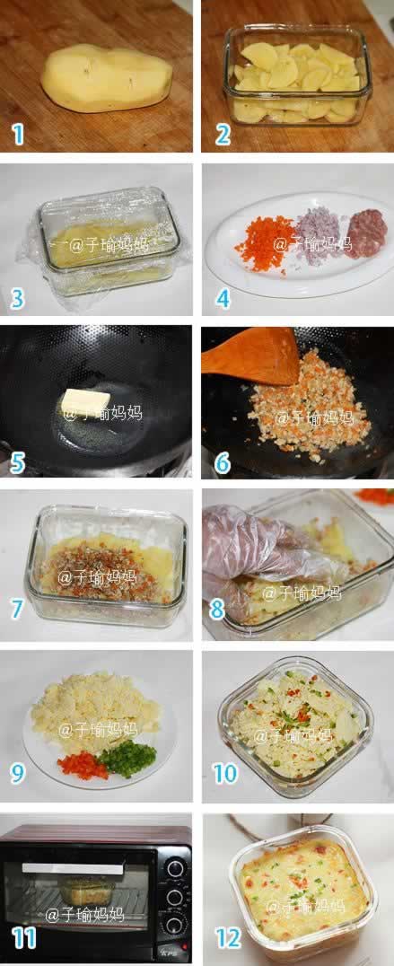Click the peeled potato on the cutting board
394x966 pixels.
tap(106, 79)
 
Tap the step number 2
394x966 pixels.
tap(223, 135)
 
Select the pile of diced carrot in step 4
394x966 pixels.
tap(265, 241)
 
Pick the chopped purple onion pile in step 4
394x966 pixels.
tap(318, 234)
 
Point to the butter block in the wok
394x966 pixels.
tap(85, 401)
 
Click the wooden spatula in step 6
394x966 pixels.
tap(252, 356)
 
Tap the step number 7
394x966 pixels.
tap(17, 609)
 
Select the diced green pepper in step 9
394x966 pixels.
tap(127, 758)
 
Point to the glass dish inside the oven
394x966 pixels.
tap(87, 891)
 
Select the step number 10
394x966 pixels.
tap(226, 773)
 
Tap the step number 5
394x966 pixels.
tap(17, 463)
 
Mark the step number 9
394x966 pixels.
tap(17, 773)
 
